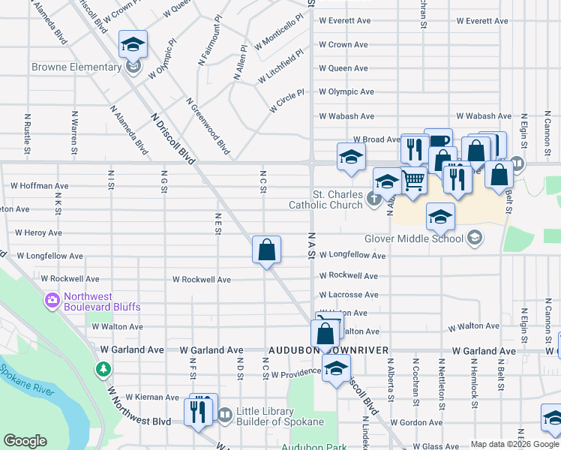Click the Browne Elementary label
[x=77, y=67]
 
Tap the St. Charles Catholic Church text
[x=326, y=199]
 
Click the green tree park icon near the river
[x=103, y=369]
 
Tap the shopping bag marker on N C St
[x=266, y=250]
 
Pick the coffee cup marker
[x=438, y=141]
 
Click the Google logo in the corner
[x=25, y=441]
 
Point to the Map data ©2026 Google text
[x=514, y=445]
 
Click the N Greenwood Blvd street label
[x=208, y=126]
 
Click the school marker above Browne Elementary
[x=133, y=45]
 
